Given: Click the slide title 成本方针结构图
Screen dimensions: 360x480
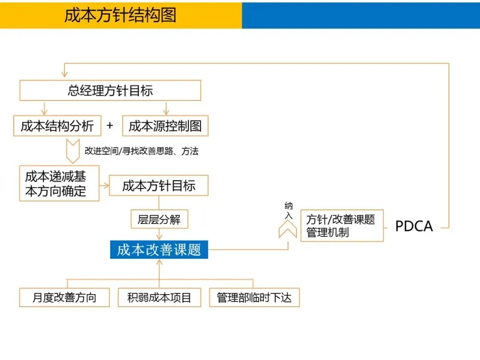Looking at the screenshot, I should [120, 15].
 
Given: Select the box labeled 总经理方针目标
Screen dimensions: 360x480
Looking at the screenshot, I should [110, 91].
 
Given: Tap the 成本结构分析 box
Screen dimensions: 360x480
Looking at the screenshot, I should [57, 126].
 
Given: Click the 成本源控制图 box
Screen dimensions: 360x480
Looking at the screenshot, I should [165, 126].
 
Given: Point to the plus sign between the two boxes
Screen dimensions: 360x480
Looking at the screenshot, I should [110, 126].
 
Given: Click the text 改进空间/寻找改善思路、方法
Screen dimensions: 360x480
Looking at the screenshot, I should [141, 151].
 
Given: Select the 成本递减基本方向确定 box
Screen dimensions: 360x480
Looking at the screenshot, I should [59, 184].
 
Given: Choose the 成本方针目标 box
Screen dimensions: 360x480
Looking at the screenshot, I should [159, 185].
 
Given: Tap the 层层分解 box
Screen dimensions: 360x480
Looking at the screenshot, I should [159, 220].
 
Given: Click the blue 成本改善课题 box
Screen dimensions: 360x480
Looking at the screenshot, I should [159, 250].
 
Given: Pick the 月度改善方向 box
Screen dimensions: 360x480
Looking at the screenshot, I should [64, 297].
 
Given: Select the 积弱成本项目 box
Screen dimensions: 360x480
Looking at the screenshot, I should [159, 297].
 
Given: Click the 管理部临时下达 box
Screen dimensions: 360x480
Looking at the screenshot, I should [254, 297].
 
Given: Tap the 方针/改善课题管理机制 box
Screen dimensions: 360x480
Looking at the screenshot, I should [342, 226].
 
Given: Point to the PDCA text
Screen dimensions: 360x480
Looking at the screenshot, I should [414, 226].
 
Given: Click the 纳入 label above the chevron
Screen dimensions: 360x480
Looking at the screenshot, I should [288, 211].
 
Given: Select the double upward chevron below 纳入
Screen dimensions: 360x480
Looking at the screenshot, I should [288, 229].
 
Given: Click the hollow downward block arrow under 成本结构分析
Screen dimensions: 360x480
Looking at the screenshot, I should [72, 151].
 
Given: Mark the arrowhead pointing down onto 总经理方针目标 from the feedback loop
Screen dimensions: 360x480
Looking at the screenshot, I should [64, 74].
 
